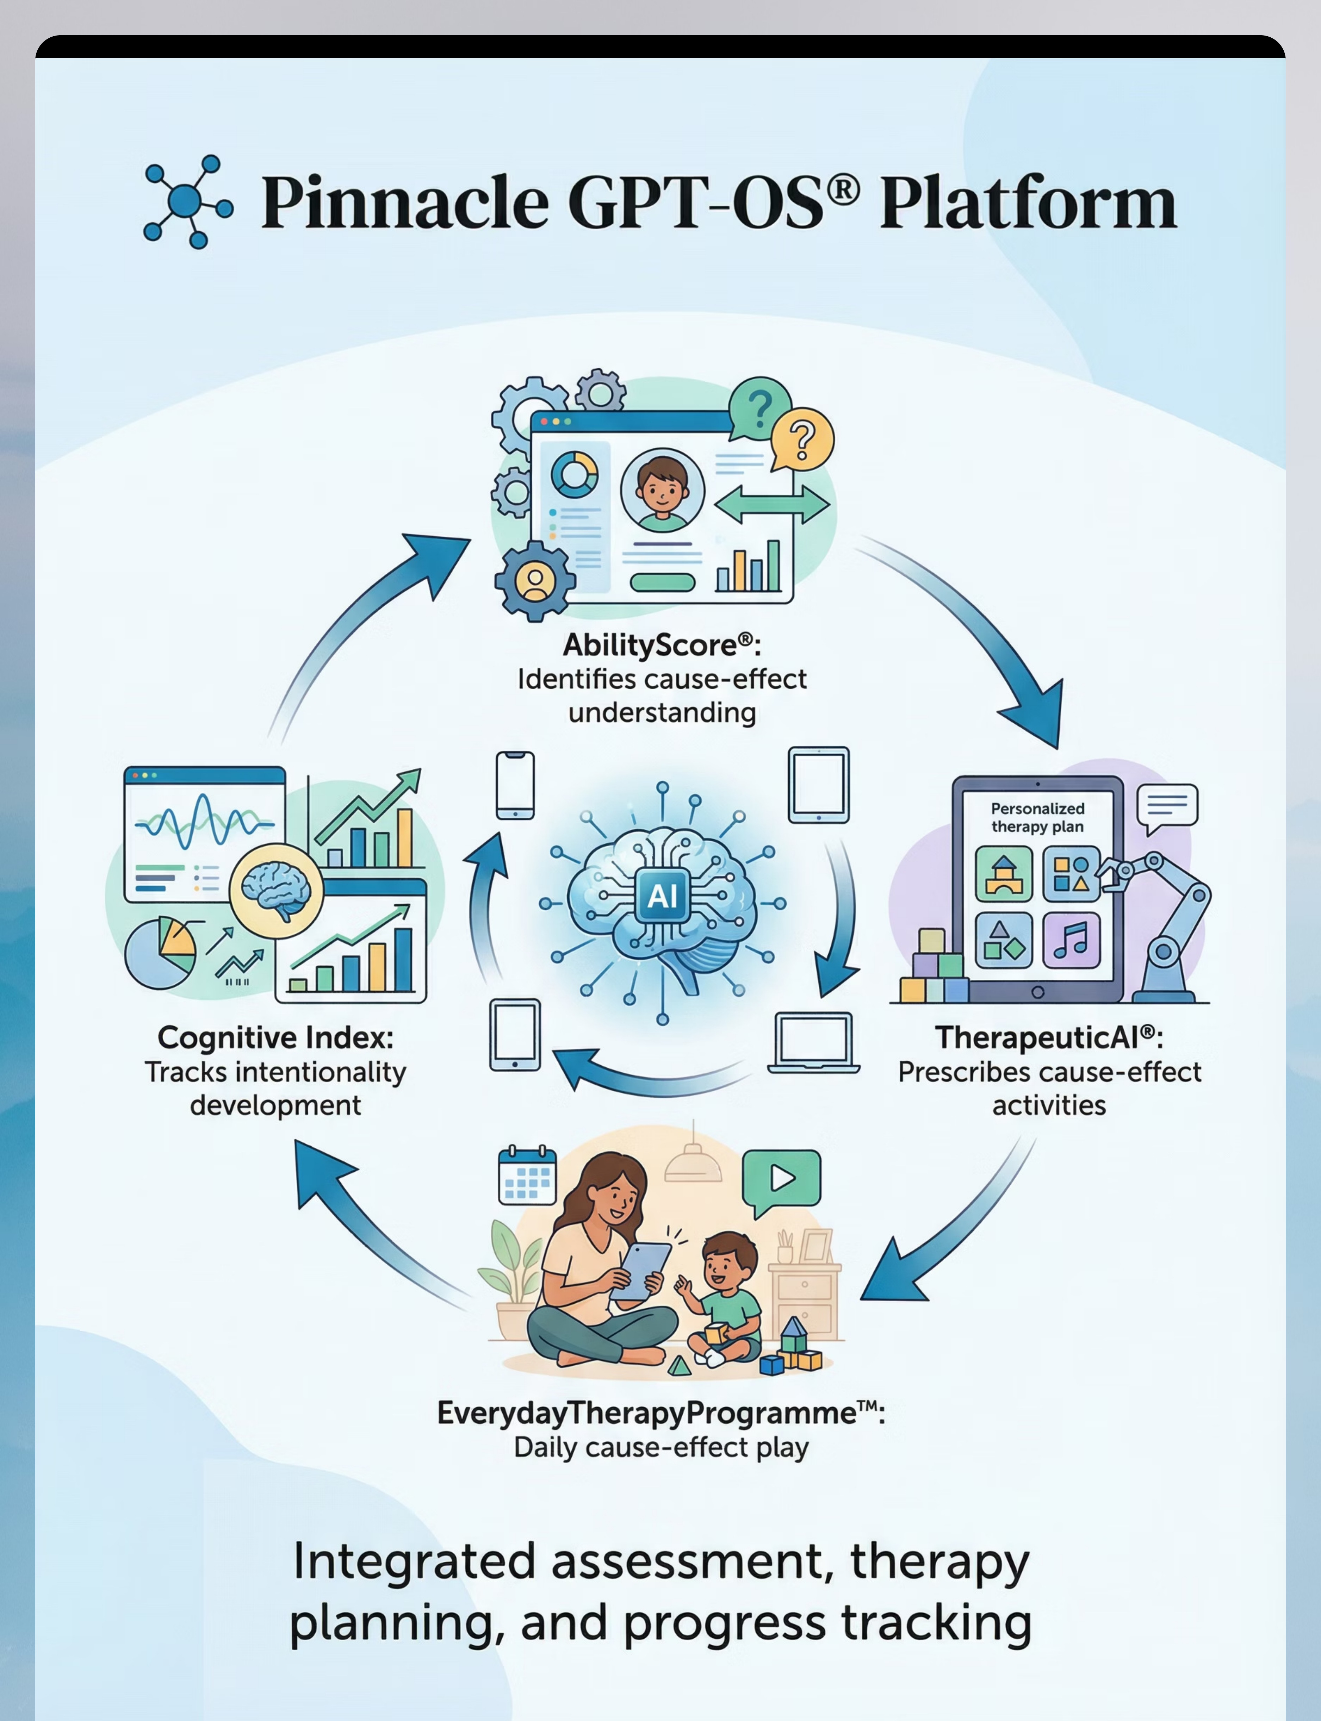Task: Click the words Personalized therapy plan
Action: [x=1037, y=817]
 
